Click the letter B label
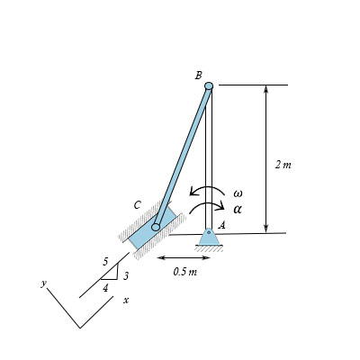(x=198, y=76)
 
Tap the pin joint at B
(x=209, y=86)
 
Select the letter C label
(x=137, y=205)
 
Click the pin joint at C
(x=156, y=227)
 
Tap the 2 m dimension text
(x=283, y=165)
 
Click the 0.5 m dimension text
(x=185, y=271)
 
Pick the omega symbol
(x=238, y=193)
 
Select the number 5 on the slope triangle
(x=105, y=262)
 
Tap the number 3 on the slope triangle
(x=126, y=275)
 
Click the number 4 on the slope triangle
(x=105, y=288)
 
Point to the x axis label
(x=126, y=300)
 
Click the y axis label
(x=42, y=283)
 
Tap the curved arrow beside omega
(x=208, y=191)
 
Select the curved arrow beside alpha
(x=208, y=206)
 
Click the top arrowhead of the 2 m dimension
(x=265, y=89)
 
